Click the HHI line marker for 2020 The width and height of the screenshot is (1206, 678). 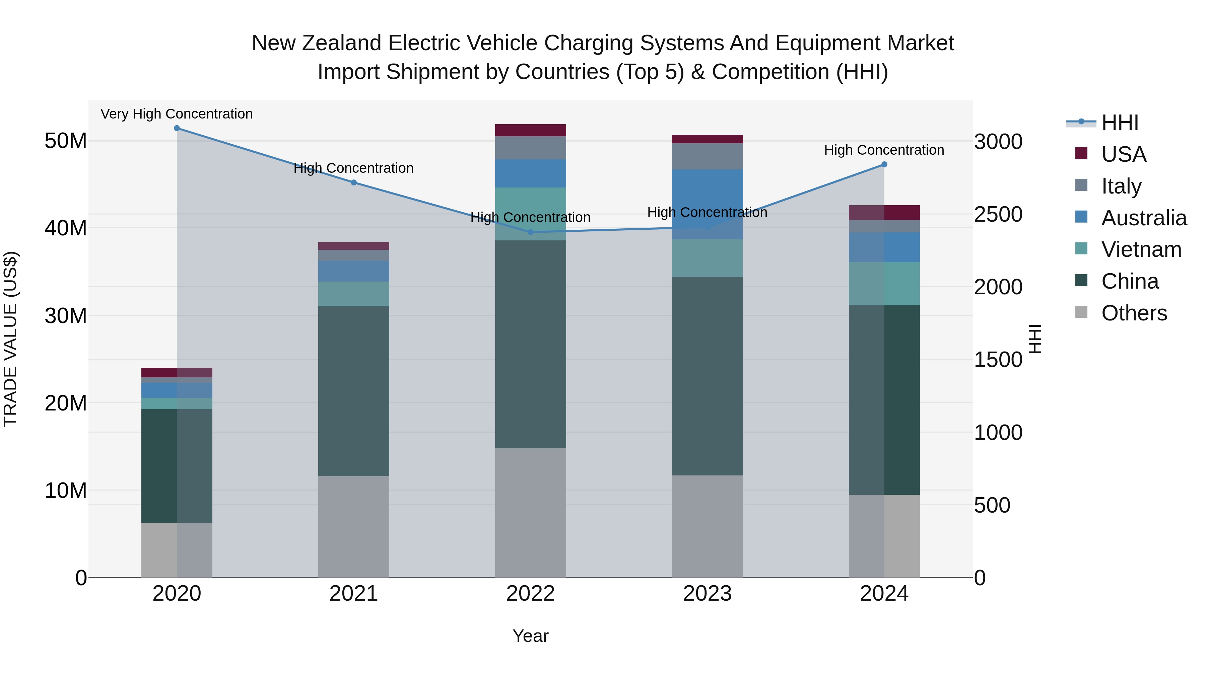[x=177, y=128]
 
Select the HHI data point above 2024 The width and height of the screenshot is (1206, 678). [x=884, y=164]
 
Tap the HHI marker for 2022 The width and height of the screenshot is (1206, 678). [x=530, y=232]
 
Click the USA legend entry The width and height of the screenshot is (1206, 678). [x=1123, y=154]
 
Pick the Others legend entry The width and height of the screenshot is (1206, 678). [x=1133, y=313]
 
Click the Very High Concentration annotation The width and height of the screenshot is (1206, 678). [x=177, y=114]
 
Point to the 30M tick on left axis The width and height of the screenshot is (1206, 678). [x=66, y=316]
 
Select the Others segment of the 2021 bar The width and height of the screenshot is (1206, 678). [x=353, y=526]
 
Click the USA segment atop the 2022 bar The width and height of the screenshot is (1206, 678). [x=530, y=130]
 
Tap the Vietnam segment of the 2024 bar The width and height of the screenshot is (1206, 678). [x=884, y=284]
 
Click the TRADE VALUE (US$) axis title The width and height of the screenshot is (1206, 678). [x=10, y=339]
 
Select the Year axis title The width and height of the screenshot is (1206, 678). [x=530, y=636]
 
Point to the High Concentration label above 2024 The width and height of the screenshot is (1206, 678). [x=884, y=150]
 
